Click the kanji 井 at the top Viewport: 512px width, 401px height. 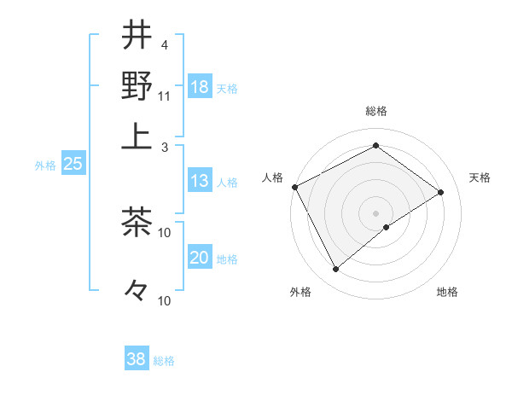coord(137,35)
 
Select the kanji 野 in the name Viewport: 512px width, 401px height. coord(137,86)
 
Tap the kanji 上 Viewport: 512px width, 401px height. coord(137,136)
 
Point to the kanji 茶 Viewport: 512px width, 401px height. coord(137,223)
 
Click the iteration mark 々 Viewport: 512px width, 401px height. coord(137,291)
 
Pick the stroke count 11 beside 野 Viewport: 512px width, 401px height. coord(165,96)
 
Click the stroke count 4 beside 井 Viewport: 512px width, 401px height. coord(164,44)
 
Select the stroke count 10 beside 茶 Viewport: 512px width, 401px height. coord(165,232)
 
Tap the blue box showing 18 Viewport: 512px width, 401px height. coord(200,86)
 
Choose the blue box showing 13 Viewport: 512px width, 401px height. coord(200,181)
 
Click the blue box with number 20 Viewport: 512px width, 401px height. coord(200,259)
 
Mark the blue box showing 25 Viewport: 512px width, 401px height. coord(73,165)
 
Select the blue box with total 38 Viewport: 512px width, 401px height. coord(137,359)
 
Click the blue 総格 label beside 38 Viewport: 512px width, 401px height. coord(164,361)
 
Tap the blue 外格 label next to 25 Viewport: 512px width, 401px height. coord(45,166)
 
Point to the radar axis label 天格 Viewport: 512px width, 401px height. coord(480,177)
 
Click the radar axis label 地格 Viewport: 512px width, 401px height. coord(447,292)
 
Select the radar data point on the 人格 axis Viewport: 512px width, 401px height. coord(294,187)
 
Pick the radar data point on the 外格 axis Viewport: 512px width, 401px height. coord(336,270)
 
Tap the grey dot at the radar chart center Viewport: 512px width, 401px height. coord(375,212)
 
